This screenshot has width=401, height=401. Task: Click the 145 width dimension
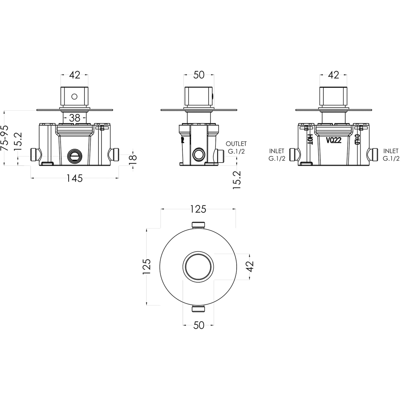point(75,178)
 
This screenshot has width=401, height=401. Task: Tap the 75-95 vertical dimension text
point(4,138)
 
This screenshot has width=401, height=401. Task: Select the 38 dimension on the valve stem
point(75,118)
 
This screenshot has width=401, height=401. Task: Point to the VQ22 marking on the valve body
point(334,140)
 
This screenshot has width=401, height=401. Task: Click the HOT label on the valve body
point(310,140)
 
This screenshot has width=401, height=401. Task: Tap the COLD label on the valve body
point(357,140)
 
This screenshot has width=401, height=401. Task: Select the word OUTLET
point(236,144)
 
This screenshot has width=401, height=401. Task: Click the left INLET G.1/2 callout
point(277,155)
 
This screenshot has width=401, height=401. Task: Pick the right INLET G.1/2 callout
point(391,155)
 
